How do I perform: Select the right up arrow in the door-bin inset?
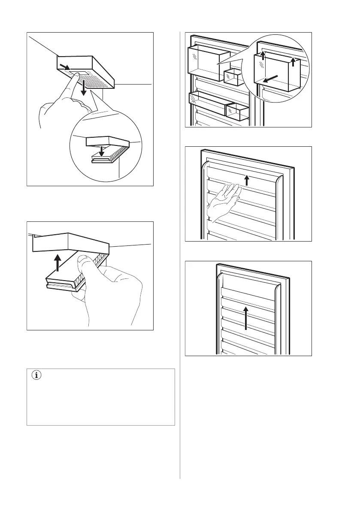293,61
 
